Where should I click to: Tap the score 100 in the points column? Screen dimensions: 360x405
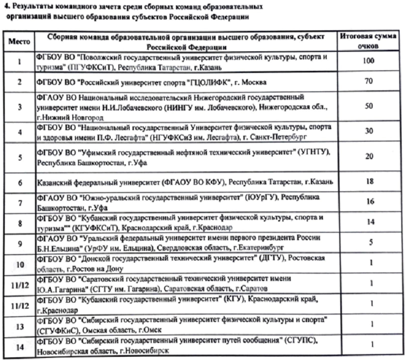click(369, 61)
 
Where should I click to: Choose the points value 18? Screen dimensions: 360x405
click(369, 182)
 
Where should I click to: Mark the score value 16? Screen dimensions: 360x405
click(369, 202)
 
